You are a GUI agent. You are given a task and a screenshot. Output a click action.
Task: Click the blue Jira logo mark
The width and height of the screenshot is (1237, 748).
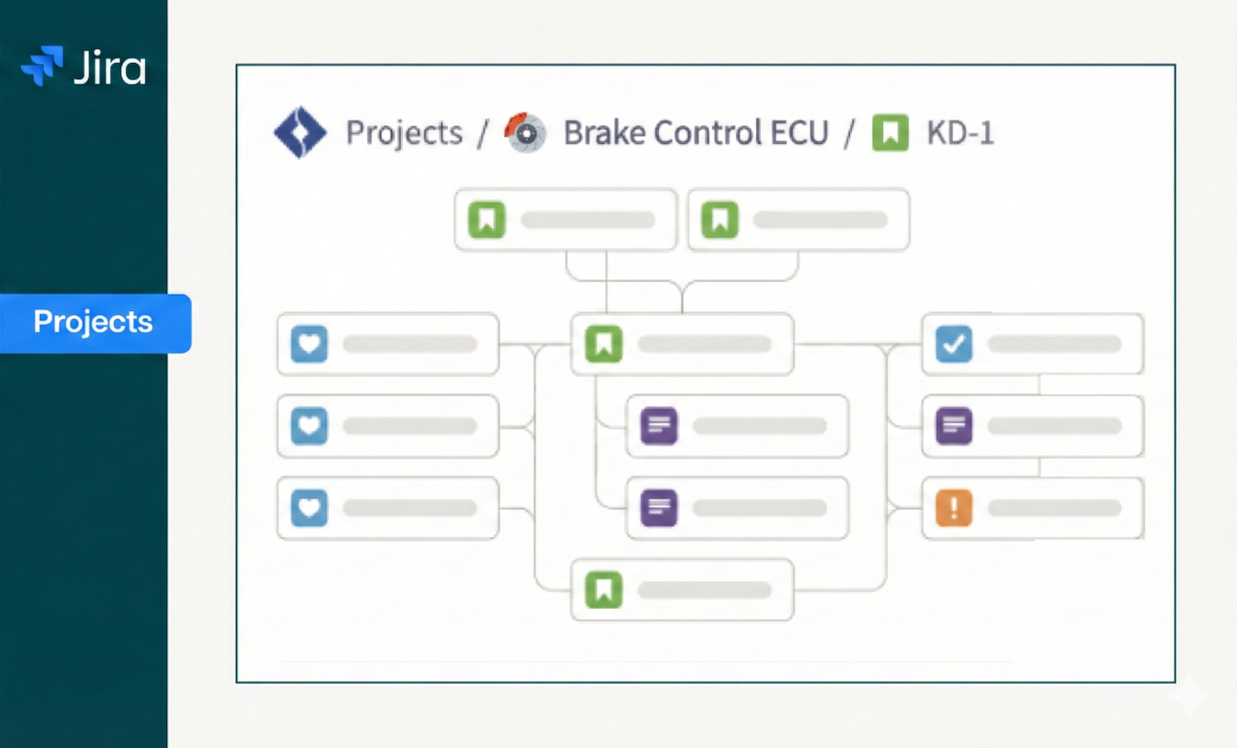(42, 66)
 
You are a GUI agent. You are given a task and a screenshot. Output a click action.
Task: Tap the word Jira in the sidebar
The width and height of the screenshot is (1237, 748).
(110, 67)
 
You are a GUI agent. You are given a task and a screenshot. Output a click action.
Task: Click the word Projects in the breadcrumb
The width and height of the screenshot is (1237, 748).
(404, 133)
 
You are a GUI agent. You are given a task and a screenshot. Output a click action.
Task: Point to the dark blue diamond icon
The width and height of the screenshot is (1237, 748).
(300, 132)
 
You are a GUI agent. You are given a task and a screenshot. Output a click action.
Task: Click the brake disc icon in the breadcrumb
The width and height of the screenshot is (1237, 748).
(525, 132)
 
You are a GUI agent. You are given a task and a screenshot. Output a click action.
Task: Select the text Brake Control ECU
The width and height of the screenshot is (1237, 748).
(695, 133)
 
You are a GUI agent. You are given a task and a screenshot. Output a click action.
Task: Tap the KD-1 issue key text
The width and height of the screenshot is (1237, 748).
(960, 133)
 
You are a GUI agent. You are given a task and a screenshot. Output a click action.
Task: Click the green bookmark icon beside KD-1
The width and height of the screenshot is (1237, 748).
(890, 132)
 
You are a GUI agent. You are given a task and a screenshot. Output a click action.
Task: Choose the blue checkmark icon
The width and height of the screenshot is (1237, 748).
(954, 344)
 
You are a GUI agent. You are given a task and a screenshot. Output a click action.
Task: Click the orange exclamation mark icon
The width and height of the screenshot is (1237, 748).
(954, 508)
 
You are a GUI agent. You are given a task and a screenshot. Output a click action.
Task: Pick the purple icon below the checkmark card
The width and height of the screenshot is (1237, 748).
(954, 426)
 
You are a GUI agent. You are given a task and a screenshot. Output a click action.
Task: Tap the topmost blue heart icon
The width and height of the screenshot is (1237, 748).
(309, 344)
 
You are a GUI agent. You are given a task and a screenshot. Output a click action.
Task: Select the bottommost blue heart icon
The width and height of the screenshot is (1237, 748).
(309, 508)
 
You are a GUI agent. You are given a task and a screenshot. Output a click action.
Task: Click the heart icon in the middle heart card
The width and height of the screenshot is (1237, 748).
(309, 426)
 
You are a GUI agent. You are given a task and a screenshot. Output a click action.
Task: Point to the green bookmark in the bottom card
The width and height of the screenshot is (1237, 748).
(604, 590)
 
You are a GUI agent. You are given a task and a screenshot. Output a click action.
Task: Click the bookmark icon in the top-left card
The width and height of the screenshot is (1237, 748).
(487, 220)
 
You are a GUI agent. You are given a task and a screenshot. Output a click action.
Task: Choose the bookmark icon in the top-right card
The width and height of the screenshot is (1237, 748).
(719, 220)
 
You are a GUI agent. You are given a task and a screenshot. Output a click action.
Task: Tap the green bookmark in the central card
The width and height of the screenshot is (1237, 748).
(604, 344)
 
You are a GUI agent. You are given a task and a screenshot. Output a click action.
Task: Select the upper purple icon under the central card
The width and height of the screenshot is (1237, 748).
(659, 426)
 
